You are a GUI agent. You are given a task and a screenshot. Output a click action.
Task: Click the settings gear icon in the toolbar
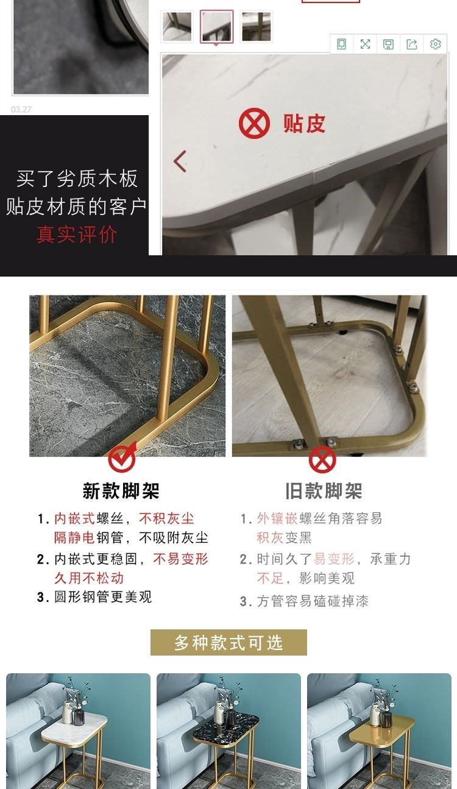[435, 44]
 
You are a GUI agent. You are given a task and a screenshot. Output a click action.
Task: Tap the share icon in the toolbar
[412, 44]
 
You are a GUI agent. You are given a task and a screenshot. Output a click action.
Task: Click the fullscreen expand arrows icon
[365, 44]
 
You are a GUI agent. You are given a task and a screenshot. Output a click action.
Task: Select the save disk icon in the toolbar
[388, 44]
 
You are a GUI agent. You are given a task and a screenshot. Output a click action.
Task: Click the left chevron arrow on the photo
[180, 161]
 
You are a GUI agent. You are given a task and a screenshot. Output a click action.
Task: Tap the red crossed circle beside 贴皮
[254, 123]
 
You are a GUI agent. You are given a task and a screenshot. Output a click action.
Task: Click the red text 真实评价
[76, 235]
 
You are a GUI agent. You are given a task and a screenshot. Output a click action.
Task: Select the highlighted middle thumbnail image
[217, 27]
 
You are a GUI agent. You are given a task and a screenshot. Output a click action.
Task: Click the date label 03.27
[21, 110]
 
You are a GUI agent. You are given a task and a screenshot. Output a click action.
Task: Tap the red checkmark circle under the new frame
[121, 459]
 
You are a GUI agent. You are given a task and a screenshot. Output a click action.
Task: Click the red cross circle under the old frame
[322, 459]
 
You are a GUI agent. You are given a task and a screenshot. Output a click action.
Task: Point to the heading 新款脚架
[121, 490]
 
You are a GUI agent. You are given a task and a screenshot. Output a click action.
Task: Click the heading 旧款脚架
[324, 490]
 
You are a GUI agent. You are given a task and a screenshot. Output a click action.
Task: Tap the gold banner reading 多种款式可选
[228, 642]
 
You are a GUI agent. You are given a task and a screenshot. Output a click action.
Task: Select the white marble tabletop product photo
[78, 731]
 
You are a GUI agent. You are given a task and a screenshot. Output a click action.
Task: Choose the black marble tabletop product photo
[228, 731]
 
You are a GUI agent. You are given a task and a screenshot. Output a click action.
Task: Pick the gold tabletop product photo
[379, 731]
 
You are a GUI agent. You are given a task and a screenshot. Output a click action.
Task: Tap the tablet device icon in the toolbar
[341, 44]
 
